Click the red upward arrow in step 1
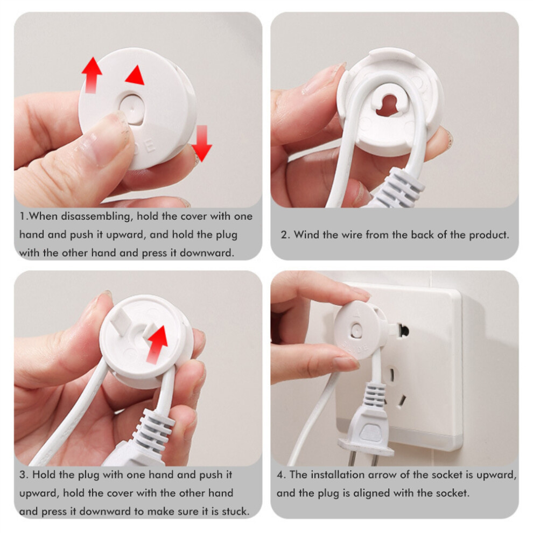click(92, 75)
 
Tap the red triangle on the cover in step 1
click(136, 75)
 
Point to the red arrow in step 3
click(156, 345)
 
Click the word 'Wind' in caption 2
click(307, 235)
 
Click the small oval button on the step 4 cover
click(356, 329)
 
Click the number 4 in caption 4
click(280, 475)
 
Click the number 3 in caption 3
click(23, 475)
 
